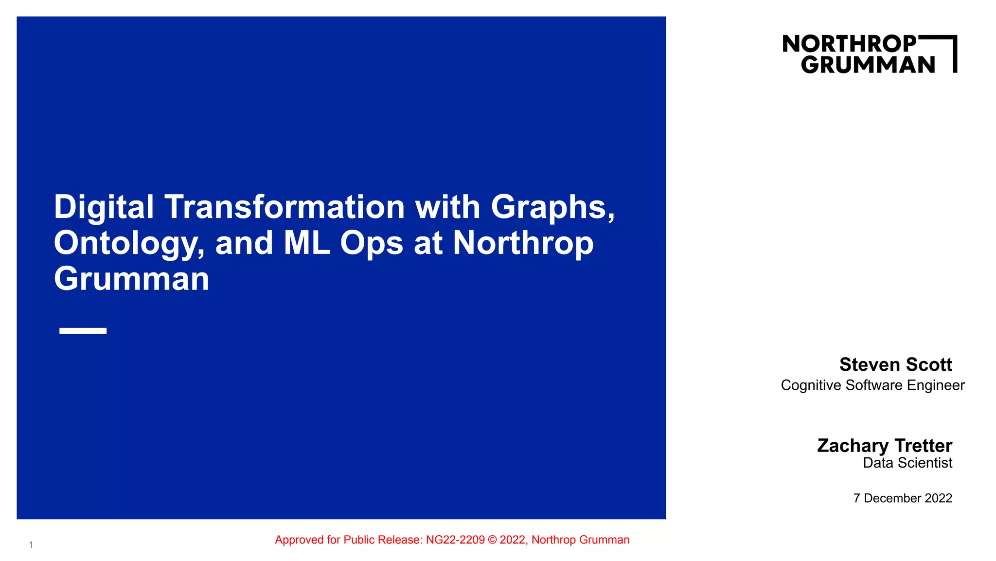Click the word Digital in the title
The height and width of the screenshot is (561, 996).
point(104,207)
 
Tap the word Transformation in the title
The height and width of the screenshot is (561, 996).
point(285,207)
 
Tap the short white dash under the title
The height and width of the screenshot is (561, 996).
point(83,331)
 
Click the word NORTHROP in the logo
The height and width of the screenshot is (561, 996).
point(849,44)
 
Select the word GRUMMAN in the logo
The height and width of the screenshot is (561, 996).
point(868,65)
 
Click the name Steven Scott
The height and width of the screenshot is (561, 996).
point(895,364)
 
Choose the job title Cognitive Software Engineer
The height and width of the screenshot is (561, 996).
point(872,385)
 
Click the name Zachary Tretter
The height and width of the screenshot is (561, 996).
point(884,446)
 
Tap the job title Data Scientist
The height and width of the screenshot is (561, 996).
point(907,463)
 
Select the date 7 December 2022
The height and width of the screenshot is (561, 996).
point(902,498)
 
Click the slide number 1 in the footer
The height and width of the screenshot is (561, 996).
point(31,545)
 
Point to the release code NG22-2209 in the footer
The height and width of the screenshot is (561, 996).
point(455,540)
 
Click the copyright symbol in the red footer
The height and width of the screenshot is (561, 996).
point(492,540)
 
